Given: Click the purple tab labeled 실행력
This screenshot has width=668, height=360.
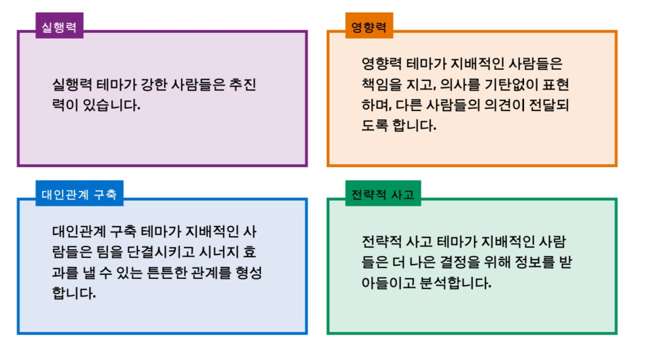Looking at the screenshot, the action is (59, 26).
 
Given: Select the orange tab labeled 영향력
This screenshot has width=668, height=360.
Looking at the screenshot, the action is (369, 26).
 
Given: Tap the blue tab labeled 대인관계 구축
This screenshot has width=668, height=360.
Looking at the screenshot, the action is (79, 194).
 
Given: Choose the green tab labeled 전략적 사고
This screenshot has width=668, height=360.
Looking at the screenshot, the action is (382, 194).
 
